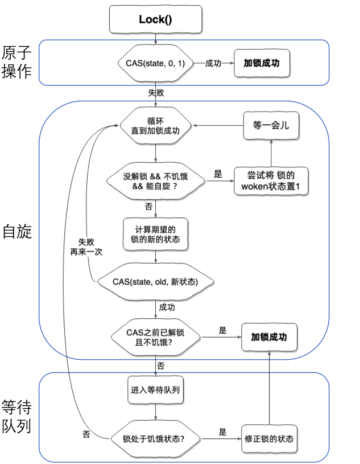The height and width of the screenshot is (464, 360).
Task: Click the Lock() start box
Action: pos(156,20)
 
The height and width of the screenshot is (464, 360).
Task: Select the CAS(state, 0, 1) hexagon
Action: pos(155,63)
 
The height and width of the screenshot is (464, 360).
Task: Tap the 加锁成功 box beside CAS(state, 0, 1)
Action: pos(263,63)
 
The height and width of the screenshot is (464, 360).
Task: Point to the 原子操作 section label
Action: pos(17,63)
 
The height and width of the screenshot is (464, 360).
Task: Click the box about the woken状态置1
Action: pos(271,180)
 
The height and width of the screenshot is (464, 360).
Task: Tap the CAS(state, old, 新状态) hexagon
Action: pos(156,281)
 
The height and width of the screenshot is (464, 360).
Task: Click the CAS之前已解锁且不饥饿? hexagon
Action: pos(156,337)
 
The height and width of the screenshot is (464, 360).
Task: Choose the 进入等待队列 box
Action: pos(156,391)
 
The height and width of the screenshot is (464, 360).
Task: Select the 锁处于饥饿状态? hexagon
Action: pos(156,439)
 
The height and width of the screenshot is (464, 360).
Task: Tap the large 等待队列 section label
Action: pos(17,416)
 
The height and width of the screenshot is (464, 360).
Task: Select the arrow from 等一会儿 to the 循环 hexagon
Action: pos(219,125)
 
